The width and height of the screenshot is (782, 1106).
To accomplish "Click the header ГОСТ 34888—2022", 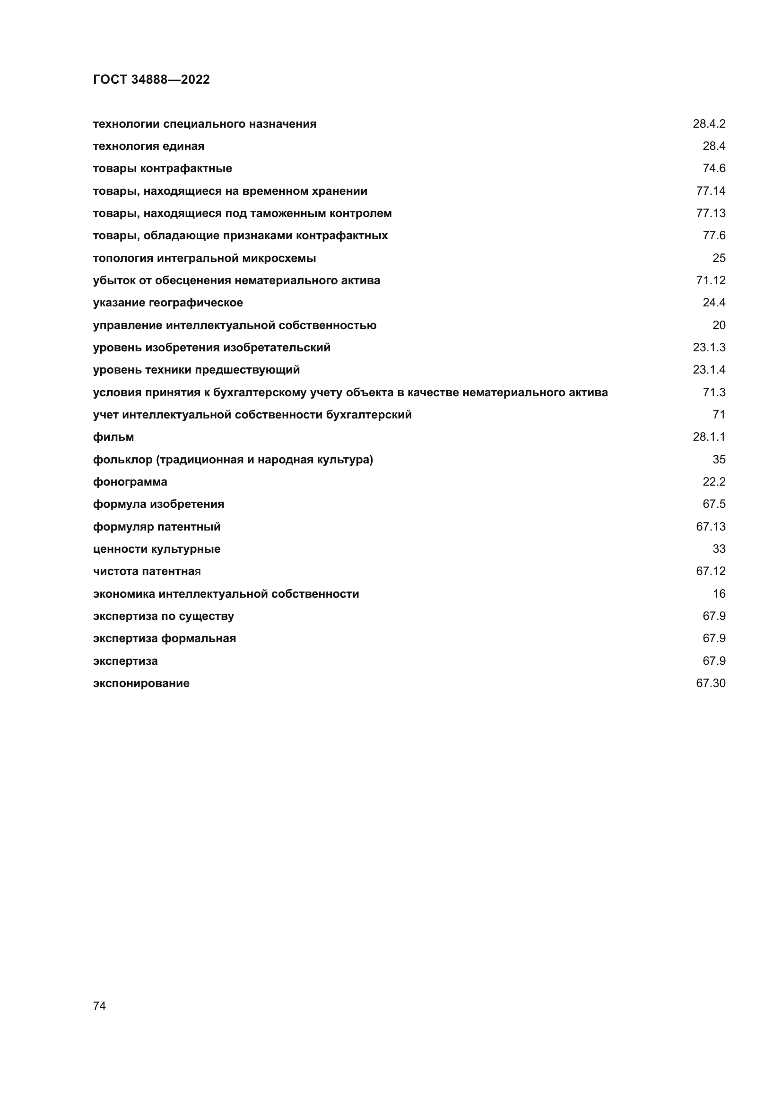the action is pos(151,79).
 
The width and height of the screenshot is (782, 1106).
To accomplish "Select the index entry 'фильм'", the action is pos(113,437).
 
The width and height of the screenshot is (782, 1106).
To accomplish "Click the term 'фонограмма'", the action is pos(130,482).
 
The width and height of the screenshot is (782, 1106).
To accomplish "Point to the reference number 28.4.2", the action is pos(709,124).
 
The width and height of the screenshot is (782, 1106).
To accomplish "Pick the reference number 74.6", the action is pos(713,168).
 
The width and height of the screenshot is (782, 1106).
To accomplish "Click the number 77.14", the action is pos(710,191).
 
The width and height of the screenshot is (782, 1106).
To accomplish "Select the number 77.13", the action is pos(710,213).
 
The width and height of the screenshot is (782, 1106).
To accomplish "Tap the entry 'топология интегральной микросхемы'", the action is pos(204,258).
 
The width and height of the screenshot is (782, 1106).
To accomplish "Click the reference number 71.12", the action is pos(710,280).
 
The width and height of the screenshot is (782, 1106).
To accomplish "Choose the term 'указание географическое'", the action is pos(167,303).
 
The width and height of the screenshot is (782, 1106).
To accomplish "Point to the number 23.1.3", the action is pos(709,348).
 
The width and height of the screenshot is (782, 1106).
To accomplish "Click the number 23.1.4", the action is pos(709,369).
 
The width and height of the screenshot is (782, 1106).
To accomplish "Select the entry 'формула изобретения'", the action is pos(158,504).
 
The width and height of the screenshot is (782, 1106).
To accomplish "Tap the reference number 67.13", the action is pos(710,526).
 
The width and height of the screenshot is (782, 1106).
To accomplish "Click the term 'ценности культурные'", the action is pos(156,549).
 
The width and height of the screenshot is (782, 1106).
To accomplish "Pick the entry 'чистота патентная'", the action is pos(147,571).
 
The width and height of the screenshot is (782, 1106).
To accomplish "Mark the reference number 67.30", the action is pos(710,683).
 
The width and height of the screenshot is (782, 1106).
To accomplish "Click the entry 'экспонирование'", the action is pos(141,683).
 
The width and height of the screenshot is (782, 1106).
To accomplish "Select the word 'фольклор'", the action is pos(122,460).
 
